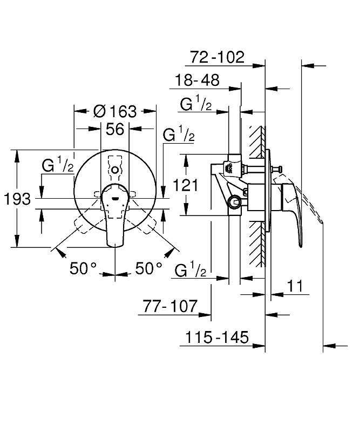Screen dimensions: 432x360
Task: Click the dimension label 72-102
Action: tap(218, 56)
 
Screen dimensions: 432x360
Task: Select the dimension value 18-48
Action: tap(197, 80)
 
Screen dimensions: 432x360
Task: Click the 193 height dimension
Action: tap(17, 199)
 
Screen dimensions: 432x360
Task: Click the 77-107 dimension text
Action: tap(171, 306)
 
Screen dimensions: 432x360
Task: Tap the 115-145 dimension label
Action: tap(217, 337)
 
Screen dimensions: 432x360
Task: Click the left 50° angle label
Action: tap(83, 268)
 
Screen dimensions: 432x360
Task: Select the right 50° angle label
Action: tap(149, 268)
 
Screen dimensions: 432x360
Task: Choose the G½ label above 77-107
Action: tap(191, 270)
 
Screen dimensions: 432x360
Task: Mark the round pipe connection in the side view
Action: tap(234, 203)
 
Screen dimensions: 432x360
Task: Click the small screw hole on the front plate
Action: tap(114, 170)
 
